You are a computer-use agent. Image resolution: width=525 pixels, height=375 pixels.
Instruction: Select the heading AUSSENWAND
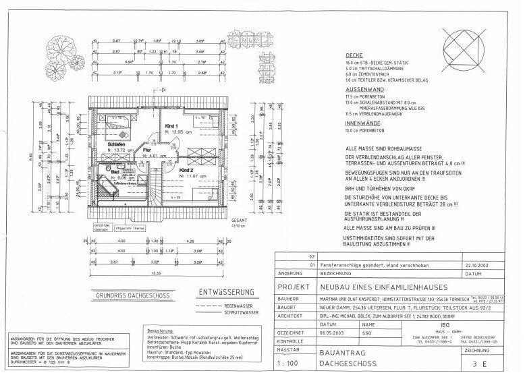pos(364,89)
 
